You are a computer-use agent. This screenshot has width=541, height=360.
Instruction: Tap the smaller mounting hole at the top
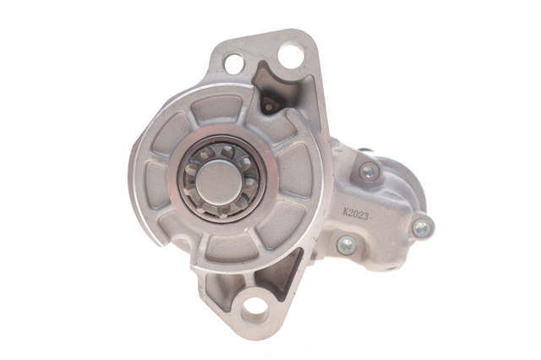coord(233,63)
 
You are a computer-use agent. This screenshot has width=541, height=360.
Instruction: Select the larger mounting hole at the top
coord(291,54)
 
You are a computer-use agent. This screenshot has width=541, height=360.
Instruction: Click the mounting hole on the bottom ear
coord(254,310)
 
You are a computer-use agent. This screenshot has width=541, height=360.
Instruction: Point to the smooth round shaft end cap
coord(220,182)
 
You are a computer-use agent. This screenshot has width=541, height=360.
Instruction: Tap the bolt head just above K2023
coord(369,171)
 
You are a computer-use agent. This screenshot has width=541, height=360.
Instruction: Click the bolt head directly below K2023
coord(347,245)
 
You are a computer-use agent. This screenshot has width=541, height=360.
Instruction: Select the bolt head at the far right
coord(422,227)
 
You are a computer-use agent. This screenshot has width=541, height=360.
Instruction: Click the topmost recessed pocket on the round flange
coord(216,109)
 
